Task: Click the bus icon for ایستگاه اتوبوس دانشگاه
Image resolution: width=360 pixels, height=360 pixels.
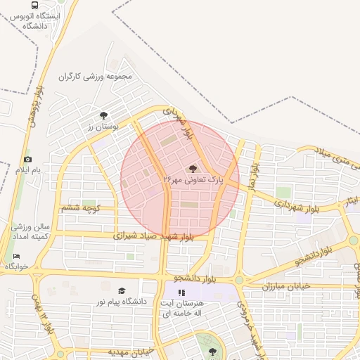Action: click(x=35, y=5)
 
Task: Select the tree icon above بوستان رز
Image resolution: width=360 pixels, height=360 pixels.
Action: click(x=104, y=115)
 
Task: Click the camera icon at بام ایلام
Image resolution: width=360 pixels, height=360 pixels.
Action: click(x=27, y=160)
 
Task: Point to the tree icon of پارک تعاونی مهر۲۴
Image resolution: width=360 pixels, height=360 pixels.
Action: click(x=193, y=169)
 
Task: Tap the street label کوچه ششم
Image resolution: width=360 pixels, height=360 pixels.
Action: click(x=82, y=207)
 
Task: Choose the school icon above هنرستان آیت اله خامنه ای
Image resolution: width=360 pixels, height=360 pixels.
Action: click(x=181, y=292)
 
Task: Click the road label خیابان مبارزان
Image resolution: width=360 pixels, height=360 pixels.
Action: click(x=286, y=287)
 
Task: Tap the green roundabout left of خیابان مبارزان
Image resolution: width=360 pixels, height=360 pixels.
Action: click(x=239, y=280)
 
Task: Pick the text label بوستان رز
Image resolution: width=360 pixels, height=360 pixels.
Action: click(x=103, y=127)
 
